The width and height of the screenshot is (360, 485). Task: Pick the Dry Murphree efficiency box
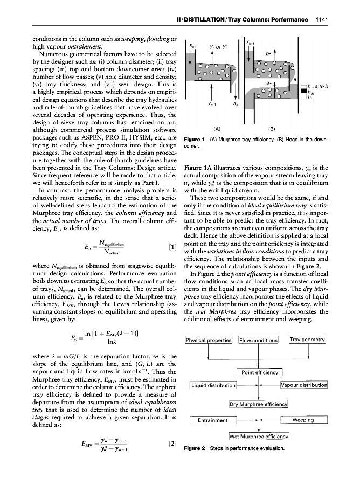pos(259,404)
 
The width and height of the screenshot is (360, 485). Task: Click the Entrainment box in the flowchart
pos(213,420)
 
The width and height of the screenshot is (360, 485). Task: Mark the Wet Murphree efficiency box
pos(259,436)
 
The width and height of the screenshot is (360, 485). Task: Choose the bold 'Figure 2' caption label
pos(196,448)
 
